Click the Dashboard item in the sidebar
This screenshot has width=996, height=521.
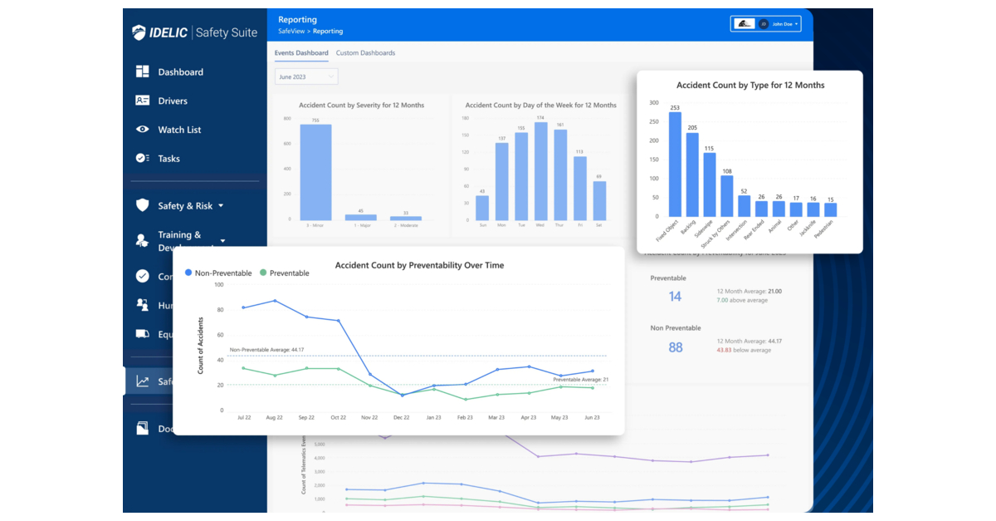point(179,72)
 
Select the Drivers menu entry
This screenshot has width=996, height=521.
point(172,101)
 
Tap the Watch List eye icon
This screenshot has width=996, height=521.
point(143,130)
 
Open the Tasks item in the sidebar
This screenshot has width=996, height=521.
point(168,159)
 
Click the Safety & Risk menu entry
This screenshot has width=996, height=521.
point(184,206)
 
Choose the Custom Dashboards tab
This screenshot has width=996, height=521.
point(365,53)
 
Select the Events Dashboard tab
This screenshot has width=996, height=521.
point(301,53)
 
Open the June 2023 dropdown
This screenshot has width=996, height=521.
point(306,76)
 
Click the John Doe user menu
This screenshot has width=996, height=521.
point(781,24)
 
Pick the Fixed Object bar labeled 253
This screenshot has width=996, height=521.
point(675,165)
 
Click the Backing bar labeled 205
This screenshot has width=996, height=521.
point(692,174)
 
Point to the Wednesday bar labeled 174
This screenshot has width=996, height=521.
point(540,171)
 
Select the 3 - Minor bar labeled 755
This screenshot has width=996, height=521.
point(315,172)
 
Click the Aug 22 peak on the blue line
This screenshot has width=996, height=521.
point(275,301)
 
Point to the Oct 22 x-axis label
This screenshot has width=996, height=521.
point(338,418)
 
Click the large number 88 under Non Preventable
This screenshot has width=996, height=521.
point(675,347)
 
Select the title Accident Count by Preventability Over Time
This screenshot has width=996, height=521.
point(419,266)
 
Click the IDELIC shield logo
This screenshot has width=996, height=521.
point(139,32)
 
